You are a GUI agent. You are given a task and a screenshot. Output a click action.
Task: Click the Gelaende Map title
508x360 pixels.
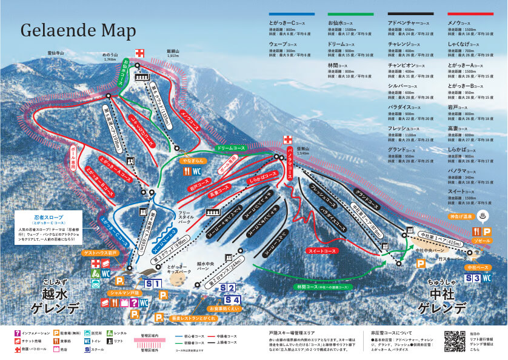(x=76, y=30)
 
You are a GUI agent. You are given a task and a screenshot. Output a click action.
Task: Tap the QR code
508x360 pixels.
(x=455, y=341)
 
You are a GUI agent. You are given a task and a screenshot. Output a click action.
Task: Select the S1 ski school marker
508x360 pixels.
(x=152, y=284)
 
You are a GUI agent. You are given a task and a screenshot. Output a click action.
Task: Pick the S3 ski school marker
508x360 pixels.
(x=476, y=278)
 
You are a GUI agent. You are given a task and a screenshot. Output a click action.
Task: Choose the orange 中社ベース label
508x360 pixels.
(x=479, y=267)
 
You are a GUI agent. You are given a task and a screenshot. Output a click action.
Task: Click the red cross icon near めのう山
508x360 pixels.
(x=140, y=53)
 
